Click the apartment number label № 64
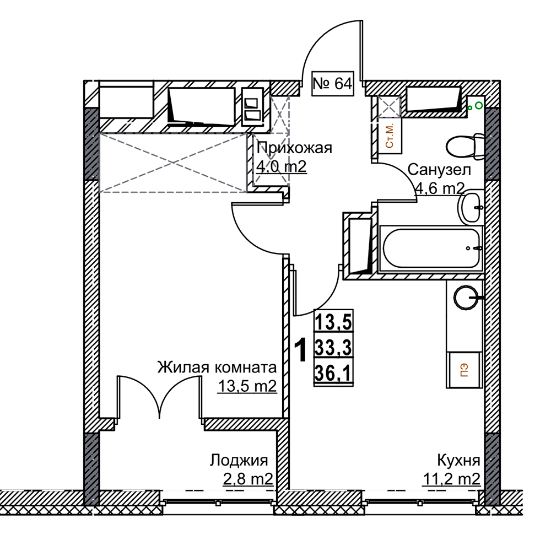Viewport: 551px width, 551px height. (332, 84)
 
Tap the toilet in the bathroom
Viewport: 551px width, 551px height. (465, 145)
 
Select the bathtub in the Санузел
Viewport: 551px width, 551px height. (431, 249)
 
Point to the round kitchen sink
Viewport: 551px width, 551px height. (466, 298)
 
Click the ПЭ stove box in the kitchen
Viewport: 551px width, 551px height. (464, 370)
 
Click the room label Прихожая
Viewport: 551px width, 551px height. (294, 148)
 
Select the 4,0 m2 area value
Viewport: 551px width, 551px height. (281, 166)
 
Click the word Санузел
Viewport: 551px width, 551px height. (439, 170)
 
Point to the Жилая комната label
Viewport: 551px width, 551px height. (217, 368)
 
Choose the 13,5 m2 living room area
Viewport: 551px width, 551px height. (247, 387)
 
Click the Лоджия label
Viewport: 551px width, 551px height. (239, 460)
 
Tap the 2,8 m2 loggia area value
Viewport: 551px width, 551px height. (248, 479)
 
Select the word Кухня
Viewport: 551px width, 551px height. (458, 460)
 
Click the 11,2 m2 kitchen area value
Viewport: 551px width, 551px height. (452, 479)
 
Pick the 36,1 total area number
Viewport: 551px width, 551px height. (333, 373)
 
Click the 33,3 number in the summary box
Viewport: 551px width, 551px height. (333, 348)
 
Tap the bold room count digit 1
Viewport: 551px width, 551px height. (301, 350)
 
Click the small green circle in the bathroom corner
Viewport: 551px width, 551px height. (478, 105)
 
